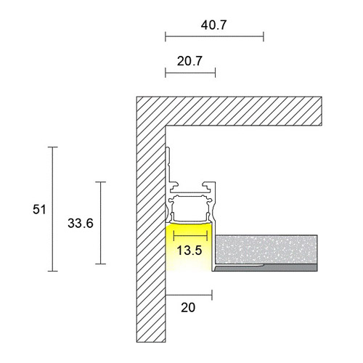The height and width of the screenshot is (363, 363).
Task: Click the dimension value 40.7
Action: click(x=213, y=24)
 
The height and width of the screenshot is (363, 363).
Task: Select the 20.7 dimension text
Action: click(x=189, y=61)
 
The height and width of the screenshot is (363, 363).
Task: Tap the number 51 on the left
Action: click(x=40, y=210)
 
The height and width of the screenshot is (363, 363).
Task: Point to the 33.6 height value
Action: click(x=80, y=224)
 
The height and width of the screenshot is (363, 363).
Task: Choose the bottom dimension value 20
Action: click(x=188, y=307)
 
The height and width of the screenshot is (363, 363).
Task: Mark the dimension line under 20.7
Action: click(x=190, y=73)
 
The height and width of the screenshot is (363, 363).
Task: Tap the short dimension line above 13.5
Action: click(x=190, y=237)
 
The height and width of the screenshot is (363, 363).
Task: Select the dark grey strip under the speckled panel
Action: click(x=269, y=266)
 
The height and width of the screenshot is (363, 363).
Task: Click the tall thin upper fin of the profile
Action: click(x=169, y=163)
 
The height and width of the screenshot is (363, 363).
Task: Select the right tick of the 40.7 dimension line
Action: click(x=263, y=35)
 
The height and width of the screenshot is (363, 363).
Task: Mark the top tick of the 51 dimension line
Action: click(x=52, y=147)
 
